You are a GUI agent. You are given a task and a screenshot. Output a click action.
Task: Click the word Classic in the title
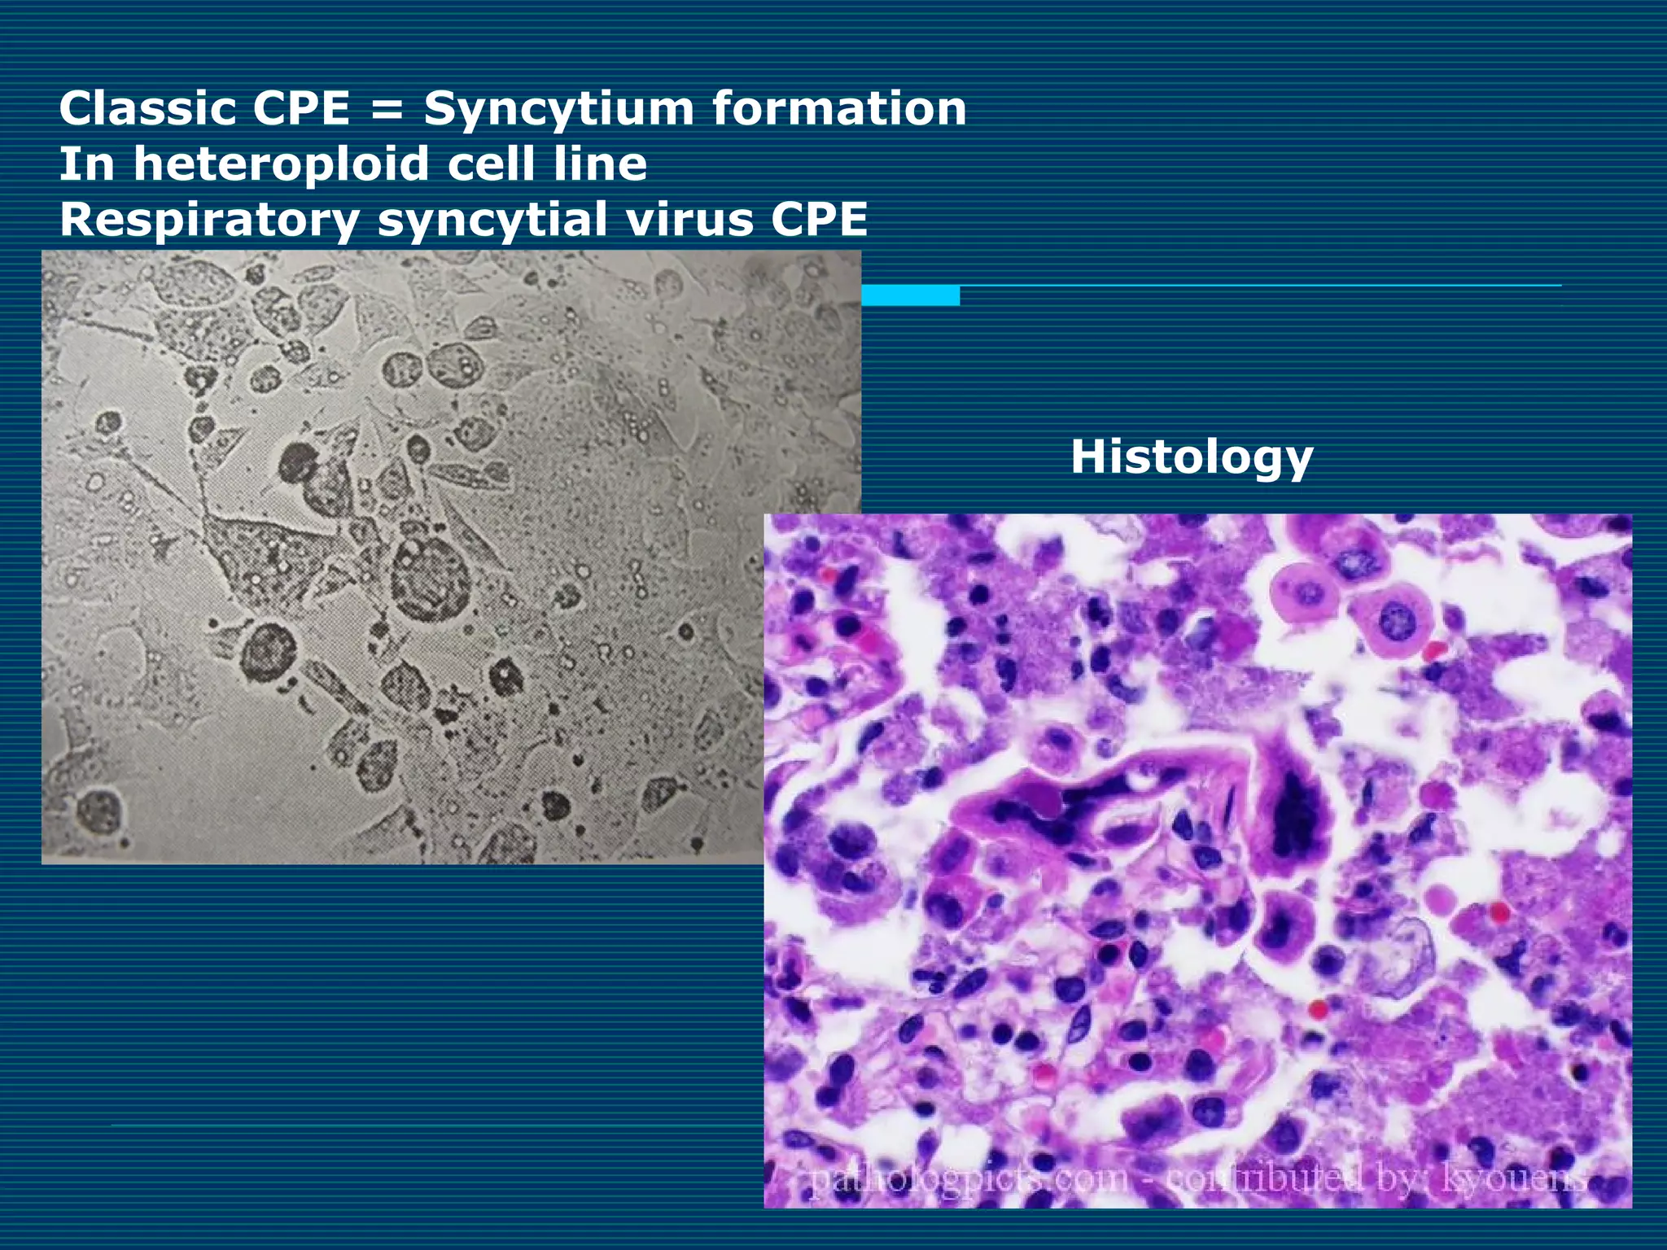(147, 109)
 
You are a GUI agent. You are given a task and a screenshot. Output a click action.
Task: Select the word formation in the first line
(839, 109)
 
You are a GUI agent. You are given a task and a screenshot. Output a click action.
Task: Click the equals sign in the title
(387, 109)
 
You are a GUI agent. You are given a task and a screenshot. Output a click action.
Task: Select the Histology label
(1191, 457)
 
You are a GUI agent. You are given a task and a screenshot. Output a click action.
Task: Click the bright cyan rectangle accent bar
(910, 295)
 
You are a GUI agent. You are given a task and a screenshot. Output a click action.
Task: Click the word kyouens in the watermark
(1513, 1179)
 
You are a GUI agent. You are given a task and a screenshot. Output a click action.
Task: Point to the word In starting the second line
(88, 165)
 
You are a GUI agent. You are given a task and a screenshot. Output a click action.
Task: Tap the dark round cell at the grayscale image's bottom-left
(100, 811)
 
